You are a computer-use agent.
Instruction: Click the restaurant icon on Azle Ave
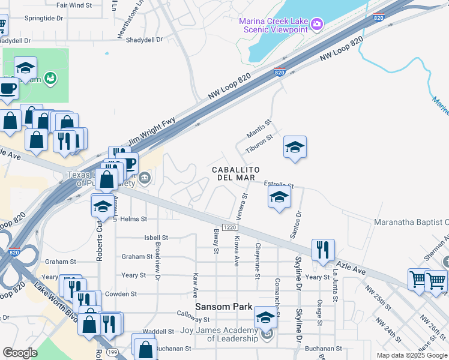pos(323,250)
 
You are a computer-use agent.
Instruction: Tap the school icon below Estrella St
pos(279,196)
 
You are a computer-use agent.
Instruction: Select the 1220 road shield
pos(229,227)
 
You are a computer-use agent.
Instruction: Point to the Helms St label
pos(133,220)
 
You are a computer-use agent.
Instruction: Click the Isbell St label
pos(156,238)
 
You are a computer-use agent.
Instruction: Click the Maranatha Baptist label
pos(411,222)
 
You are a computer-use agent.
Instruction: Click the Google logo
pos(20,353)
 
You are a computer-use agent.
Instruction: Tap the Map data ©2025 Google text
pos(412,355)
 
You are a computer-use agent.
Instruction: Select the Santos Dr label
pos(295,224)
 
